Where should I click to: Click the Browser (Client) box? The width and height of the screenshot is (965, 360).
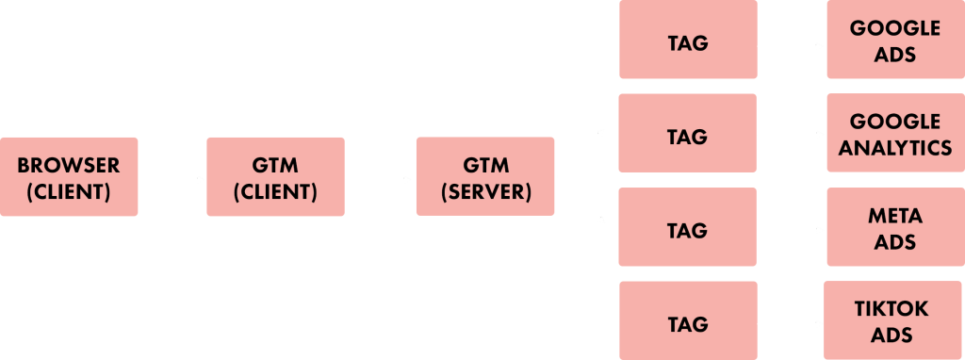coord(69,177)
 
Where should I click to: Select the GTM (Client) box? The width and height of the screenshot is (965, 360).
coord(275,177)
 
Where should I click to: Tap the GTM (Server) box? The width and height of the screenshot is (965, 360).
coord(484,177)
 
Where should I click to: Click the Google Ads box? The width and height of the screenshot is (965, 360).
coord(894,40)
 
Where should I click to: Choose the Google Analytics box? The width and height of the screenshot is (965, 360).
coord(894,133)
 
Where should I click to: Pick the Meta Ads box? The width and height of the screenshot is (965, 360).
coord(894,227)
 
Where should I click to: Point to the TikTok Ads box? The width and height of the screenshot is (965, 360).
coord(891,320)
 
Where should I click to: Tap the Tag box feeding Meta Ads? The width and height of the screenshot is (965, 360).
coord(687,228)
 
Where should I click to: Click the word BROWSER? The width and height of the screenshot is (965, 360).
coord(69,165)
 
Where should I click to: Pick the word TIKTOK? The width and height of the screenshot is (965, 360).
coord(891,308)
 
